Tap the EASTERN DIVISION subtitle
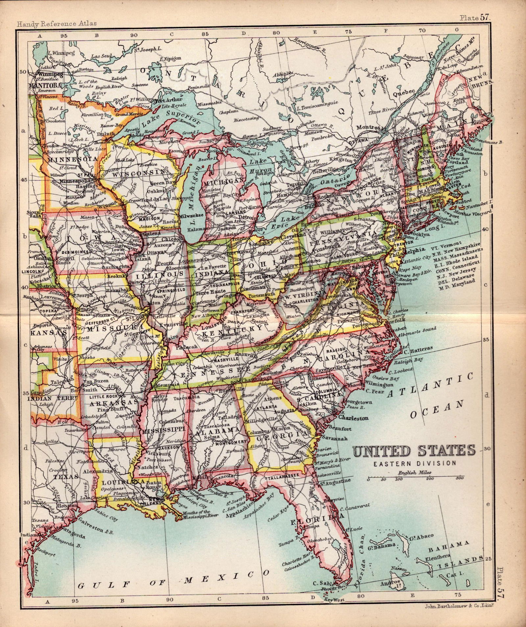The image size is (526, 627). [414, 463]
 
